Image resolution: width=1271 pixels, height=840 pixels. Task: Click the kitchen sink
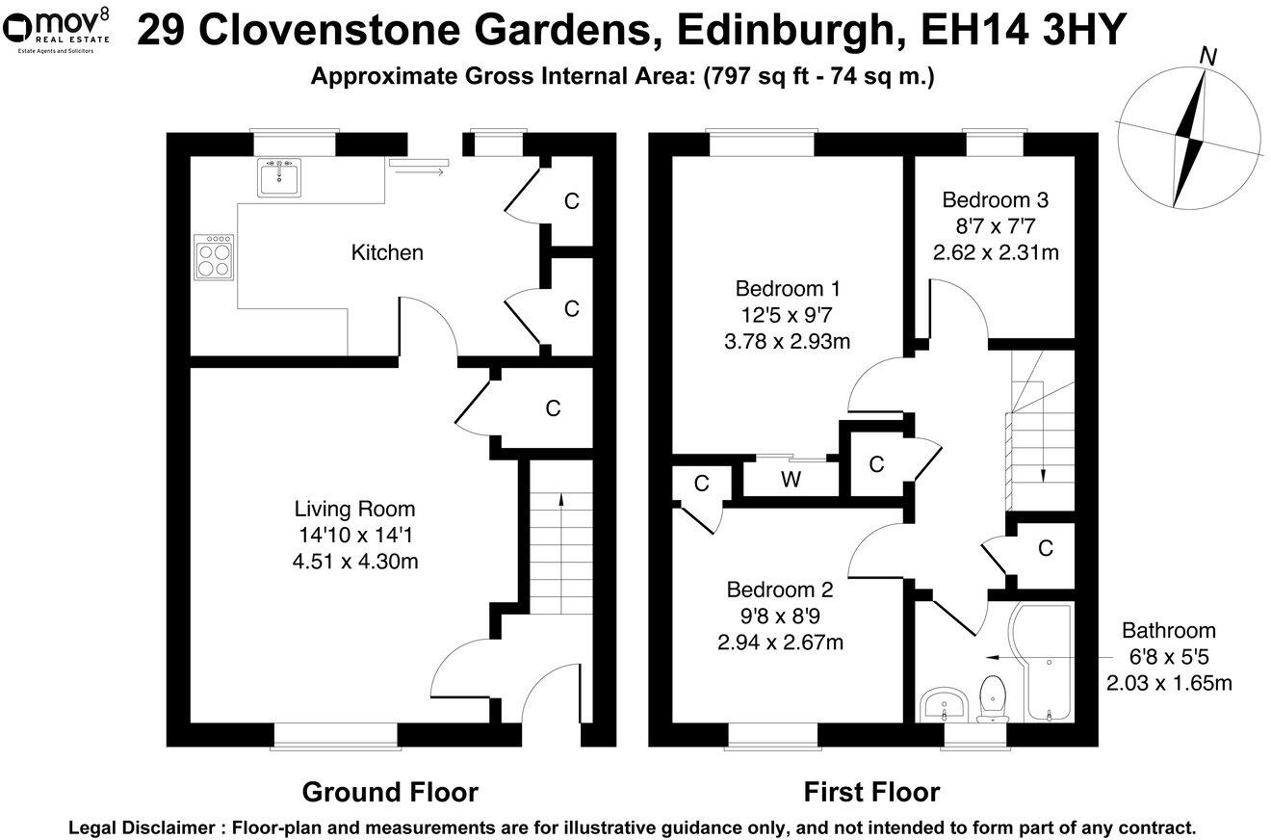[279, 177]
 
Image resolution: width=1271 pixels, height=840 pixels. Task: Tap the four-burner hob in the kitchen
[214, 257]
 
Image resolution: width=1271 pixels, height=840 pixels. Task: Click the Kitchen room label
[386, 253]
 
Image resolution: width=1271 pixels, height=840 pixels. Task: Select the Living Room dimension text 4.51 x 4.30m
[355, 562]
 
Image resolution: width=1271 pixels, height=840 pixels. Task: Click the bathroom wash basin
[943, 704]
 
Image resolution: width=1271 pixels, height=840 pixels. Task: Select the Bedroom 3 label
[995, 200]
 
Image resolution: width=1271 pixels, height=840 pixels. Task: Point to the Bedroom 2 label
[779, 590]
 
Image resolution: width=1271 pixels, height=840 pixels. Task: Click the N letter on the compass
[1207, 57]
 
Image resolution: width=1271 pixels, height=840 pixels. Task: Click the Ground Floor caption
[390, 793]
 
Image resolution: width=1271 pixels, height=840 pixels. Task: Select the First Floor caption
[871, 793]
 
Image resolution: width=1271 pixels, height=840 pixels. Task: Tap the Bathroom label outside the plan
[1168, 631]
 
